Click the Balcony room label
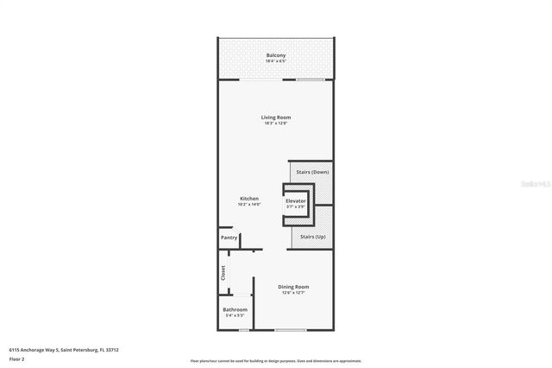point(275,55)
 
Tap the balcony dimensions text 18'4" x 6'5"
point(275,61)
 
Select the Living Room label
point(276,117)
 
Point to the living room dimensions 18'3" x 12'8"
point(276,123)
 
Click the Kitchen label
point(249,198)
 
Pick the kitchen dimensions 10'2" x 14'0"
point(249,204)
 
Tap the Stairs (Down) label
point(312,172)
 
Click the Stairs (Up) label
point(312,236)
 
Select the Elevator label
point(296,200)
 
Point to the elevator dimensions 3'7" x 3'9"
point(296,206)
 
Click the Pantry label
point(229,238)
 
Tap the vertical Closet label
point(223,273)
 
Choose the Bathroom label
point(235,309)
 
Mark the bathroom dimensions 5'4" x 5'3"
point(235,315)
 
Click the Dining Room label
point(293,287)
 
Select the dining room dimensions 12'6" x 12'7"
point(293,293)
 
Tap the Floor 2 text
point(17,358)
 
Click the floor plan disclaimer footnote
point(276,360)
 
